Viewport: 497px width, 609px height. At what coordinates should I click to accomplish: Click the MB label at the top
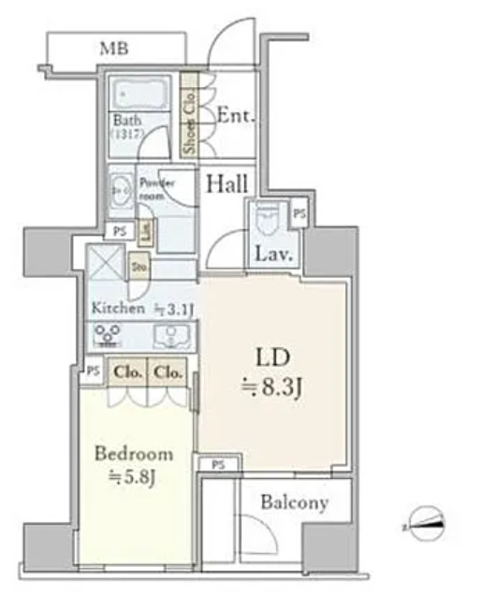(114, 49)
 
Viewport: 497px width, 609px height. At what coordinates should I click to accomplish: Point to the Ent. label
(237, 116)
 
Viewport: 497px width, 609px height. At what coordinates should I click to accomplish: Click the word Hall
(227, 183)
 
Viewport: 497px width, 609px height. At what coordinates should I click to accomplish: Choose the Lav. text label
(274, 254)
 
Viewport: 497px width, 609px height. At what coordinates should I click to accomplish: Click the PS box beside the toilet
(299, 214)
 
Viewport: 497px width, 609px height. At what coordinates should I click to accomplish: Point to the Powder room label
(155, 189)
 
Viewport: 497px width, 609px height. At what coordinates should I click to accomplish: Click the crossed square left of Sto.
(105, 263)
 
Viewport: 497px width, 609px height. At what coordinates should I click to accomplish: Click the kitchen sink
(171, 336)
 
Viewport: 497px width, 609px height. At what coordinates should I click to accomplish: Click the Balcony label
(295, 503)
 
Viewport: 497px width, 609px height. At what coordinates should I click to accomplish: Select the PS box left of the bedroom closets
(92, 371)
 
